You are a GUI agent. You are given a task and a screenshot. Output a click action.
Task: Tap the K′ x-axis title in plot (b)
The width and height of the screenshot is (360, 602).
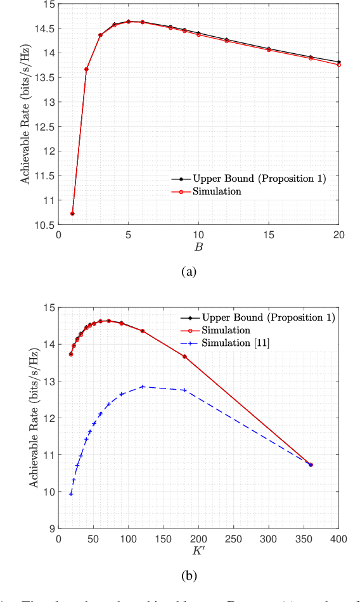tap(198, 553)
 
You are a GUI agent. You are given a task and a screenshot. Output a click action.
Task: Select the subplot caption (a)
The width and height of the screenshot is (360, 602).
tap(189, 272)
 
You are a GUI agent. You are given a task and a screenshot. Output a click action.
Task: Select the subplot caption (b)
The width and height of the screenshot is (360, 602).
tap(189, 576)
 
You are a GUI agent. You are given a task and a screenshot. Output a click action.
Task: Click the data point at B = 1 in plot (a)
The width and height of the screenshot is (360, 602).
tap(72, 214)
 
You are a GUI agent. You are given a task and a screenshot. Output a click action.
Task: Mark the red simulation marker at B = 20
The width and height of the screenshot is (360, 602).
tap(339, 65)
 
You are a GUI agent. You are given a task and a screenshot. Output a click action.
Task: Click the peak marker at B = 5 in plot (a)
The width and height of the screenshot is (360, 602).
tap(129, 22)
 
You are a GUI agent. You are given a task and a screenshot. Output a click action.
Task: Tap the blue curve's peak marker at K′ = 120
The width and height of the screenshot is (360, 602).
tap(143, 387)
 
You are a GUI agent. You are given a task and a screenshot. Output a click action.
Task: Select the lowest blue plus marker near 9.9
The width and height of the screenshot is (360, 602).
tap(71, 494)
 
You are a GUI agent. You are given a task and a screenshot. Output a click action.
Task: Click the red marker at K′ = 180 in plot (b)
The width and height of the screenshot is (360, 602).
tap(184, 357)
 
